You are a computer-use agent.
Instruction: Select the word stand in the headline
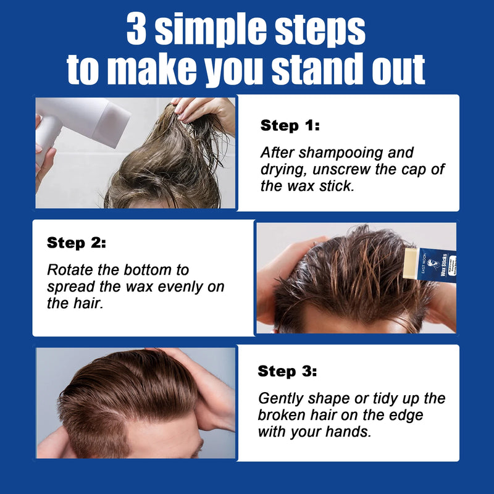click(311, 70)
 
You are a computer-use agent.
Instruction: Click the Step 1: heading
click(290, 126)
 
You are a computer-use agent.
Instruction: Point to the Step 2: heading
click(77, 243)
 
